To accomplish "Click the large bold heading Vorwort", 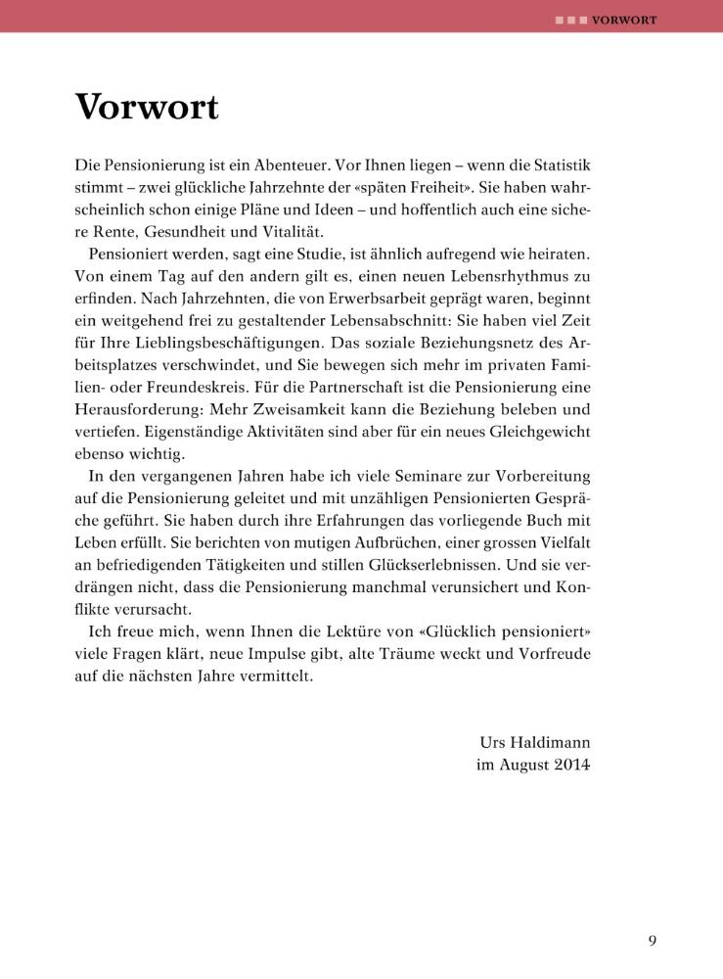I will click(x=147, y=107).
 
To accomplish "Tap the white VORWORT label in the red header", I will click(x=624, y=19).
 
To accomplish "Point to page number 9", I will click(x=652, y=942).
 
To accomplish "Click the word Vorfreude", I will click(x=549, y=655).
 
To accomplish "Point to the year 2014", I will click(x=568, y=766).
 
